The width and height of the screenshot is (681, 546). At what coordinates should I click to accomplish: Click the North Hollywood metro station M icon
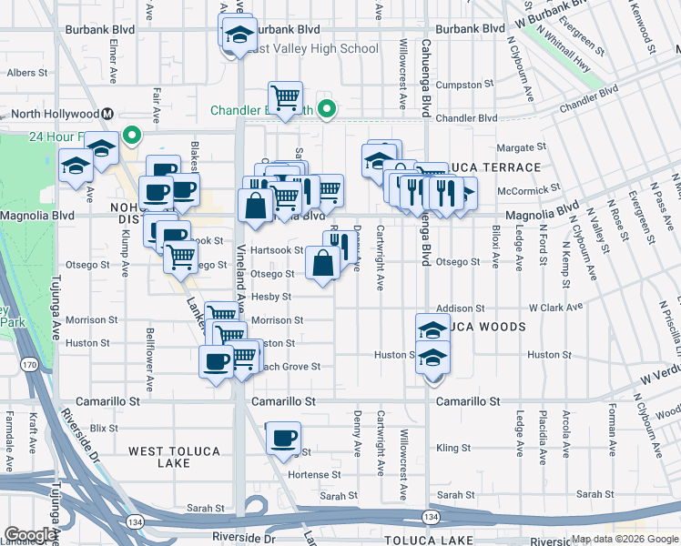[107, 114]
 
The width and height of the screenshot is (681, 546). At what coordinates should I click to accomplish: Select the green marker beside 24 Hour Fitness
[132, 137]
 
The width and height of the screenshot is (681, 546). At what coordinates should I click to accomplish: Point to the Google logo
[30, 535]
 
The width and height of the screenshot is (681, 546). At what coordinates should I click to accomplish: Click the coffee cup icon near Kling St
[283, 440]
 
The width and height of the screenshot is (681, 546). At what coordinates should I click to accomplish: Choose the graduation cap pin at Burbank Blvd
[239, 35]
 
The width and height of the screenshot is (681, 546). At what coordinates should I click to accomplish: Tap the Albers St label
[27, 72]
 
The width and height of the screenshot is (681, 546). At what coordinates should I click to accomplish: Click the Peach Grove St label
[290, 367]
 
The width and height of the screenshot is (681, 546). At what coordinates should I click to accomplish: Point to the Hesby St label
[271, 297]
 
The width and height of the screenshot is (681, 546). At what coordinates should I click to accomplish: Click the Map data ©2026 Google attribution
[624, 539]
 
